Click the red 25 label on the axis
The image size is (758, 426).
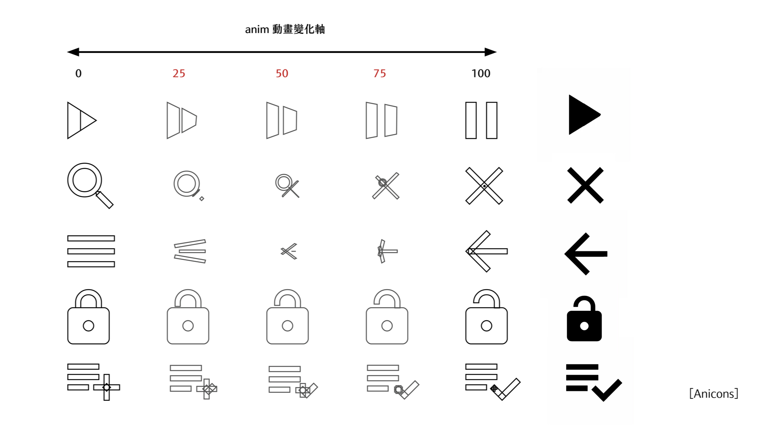tap(179, 73)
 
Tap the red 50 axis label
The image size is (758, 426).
tap(282, 73)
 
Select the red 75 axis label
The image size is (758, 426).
tap(379, 73)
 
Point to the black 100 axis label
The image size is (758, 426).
tap(481, 73)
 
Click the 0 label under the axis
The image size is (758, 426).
tap(79, 73)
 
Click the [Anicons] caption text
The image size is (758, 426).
tap(714, 394)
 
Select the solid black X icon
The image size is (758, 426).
tap(585, 185)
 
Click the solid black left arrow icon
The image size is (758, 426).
tap(586, 254)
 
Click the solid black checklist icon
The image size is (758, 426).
tap(594, 382)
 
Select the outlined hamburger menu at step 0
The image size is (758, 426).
tap(91, 251)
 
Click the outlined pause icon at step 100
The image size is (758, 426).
tap(471, 120)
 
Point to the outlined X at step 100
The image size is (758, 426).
tap(484, 186)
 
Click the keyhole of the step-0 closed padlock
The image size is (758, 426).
tap(88, 326)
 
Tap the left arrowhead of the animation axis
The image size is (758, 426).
tap(73, 52)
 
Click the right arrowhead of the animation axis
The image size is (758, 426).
tap(491, 52)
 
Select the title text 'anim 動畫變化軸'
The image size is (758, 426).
tap(285, 29)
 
